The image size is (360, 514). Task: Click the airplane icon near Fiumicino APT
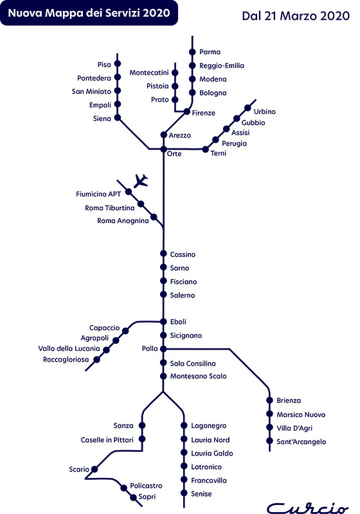[x=141, y=181]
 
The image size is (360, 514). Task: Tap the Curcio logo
[x=307, y=508]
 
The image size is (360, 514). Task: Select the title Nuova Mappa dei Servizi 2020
[x=89, y=13]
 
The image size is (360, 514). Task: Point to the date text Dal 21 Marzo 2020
[x=296, y=15]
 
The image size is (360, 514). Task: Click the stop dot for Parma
[x=192, y=52]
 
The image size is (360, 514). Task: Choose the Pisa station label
[x=104, y=65]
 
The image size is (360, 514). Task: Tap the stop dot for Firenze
[x=187, y=112]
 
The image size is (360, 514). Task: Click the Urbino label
[x=265, y=111]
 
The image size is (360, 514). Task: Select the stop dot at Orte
[x=163, y=150]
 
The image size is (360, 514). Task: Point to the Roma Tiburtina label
[x=109, y=208]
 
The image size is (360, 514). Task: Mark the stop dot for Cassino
[x=163, y=253]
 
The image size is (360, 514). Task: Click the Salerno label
[x=183, y=295]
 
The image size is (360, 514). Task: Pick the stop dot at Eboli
[x=163, y=322]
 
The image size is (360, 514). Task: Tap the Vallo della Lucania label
[x=69, y=348]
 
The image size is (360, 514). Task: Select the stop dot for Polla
[x=163, y=349]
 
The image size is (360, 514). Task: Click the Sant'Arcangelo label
[x=301, y=441]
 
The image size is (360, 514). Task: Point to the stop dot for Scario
[x=94, y=469]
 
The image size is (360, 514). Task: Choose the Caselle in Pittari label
[x=107, y=439]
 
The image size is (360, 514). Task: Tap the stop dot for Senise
[x=184, y=493]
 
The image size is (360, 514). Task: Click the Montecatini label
[x=149, y=73]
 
